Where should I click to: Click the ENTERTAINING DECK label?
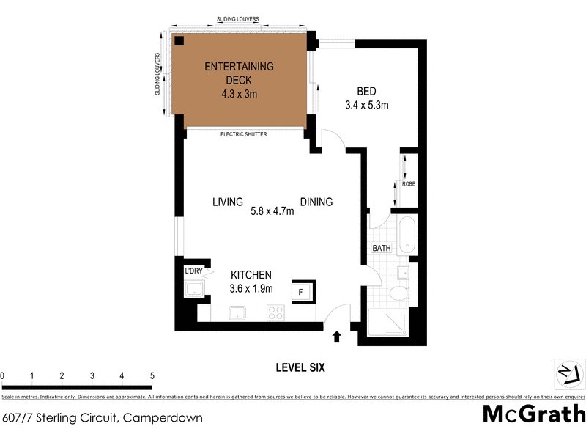tap(239, 73)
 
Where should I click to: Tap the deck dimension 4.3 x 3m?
tap(239, 94)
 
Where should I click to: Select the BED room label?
tap(366, 91)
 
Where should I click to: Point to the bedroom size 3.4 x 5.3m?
tap(366, 105)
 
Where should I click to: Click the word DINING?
tap(316, 202)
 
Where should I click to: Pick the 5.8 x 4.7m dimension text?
tap(272, 212)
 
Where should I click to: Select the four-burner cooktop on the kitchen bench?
tap(276, 312)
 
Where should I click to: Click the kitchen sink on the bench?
tap(239, 313)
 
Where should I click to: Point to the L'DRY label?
tap(193, 271)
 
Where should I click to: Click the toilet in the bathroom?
tap(399, 294)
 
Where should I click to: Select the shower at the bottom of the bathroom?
tap(386, 323)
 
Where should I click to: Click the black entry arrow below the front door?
tap(337, 337)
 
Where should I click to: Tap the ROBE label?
tap(408, 184)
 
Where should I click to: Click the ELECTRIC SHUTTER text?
tap(244, 135)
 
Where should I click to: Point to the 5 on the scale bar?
tap(152, 377)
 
